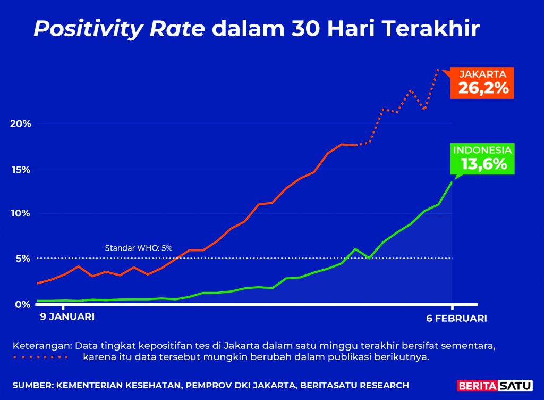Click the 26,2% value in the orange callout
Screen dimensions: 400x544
(483, 88)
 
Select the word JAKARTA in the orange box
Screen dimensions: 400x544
(482, 74)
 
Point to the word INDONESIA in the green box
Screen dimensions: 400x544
(482, 150)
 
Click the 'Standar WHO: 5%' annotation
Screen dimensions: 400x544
(138, 248)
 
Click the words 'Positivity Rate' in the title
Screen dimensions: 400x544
(119, 29)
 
